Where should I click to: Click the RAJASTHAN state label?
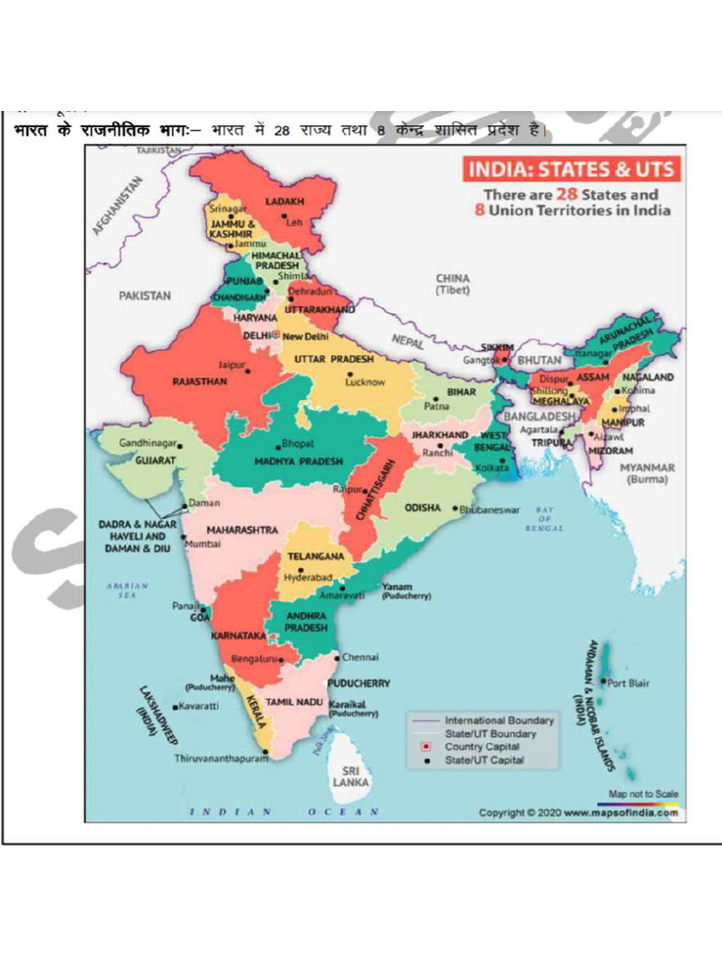pos(198,383)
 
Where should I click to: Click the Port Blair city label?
pos(628,683)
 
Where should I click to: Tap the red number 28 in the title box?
pos(566,194)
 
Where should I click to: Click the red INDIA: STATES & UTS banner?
pos(571,170)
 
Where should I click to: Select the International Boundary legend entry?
pos(499,720)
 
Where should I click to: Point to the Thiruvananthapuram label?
pos(220,758)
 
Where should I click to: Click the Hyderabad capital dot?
pos(300,570)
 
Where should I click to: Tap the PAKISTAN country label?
pos(145,295)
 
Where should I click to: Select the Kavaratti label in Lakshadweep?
pos(198,705)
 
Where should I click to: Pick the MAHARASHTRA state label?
pos(242,529)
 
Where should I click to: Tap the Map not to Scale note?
pos(643,795)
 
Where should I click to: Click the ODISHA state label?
pos(422,508)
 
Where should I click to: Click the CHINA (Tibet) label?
pos(452,284)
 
